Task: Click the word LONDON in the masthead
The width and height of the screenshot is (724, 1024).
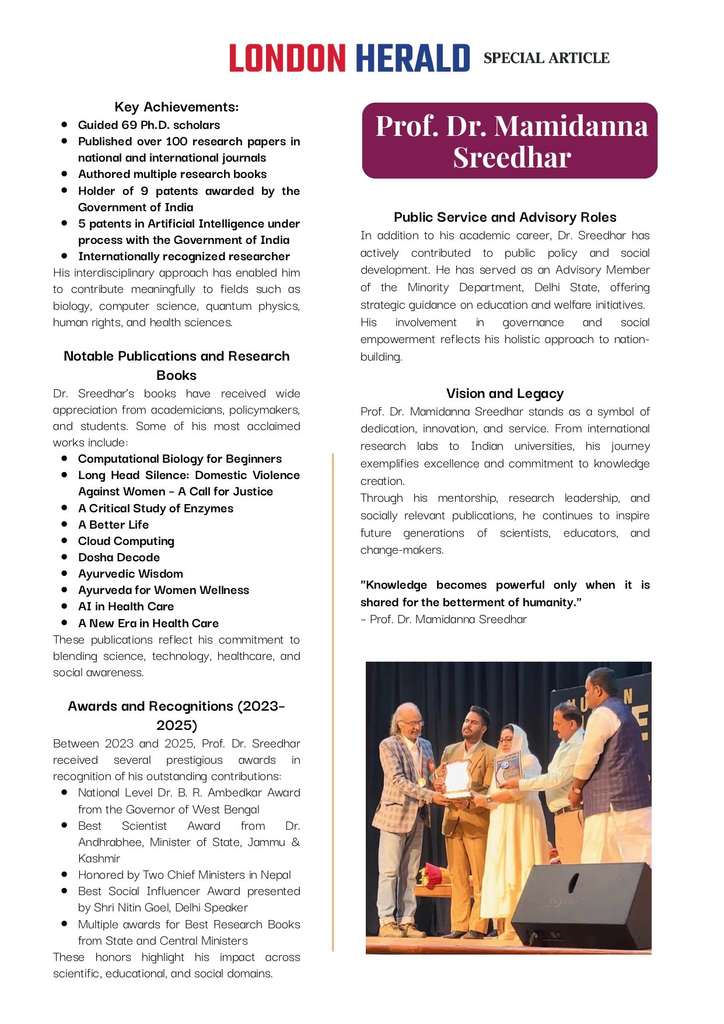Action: point(287,58)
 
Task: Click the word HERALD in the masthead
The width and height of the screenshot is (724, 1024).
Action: point(412,58)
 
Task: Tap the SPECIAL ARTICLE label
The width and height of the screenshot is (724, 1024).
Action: point(546,58)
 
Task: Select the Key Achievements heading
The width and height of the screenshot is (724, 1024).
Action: point(176,107)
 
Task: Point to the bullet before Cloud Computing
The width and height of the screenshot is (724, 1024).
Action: point(64,540)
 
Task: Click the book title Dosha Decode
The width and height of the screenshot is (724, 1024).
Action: point(119,557)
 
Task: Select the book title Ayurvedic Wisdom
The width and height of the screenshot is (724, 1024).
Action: point(131,574)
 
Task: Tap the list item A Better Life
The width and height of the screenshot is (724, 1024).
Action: point(113,525)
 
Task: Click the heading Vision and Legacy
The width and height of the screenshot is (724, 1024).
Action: point(505,393)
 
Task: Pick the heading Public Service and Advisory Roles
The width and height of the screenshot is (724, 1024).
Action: point(505,217)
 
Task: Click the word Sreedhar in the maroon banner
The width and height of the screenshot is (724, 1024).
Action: point(512,158)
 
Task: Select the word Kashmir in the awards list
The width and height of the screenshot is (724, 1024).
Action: point(99,858)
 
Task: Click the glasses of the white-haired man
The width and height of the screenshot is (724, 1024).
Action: point(412,724)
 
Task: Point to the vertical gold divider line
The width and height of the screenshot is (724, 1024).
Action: point(333,700)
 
